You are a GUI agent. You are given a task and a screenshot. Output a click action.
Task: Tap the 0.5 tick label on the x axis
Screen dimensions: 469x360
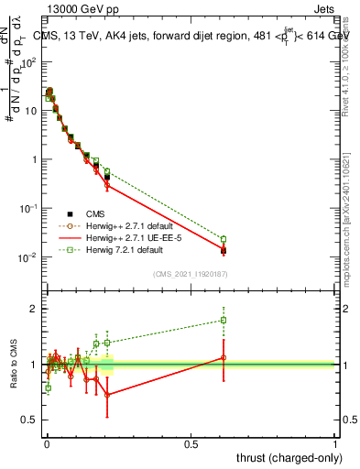(x=191, y=442)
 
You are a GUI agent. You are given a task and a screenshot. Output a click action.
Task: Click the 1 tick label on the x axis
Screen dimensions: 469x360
(x=335, y=442)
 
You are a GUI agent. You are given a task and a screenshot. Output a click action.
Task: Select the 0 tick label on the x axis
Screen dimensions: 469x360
(x=46, y=442)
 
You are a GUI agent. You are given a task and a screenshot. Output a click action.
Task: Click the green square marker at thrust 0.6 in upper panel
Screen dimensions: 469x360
(x=224, y=239)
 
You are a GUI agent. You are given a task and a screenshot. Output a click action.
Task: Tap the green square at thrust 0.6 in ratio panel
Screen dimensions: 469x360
(x=224, y=320)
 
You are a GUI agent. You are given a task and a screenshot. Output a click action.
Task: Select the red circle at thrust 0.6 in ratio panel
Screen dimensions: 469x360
(x=224, y=358)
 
